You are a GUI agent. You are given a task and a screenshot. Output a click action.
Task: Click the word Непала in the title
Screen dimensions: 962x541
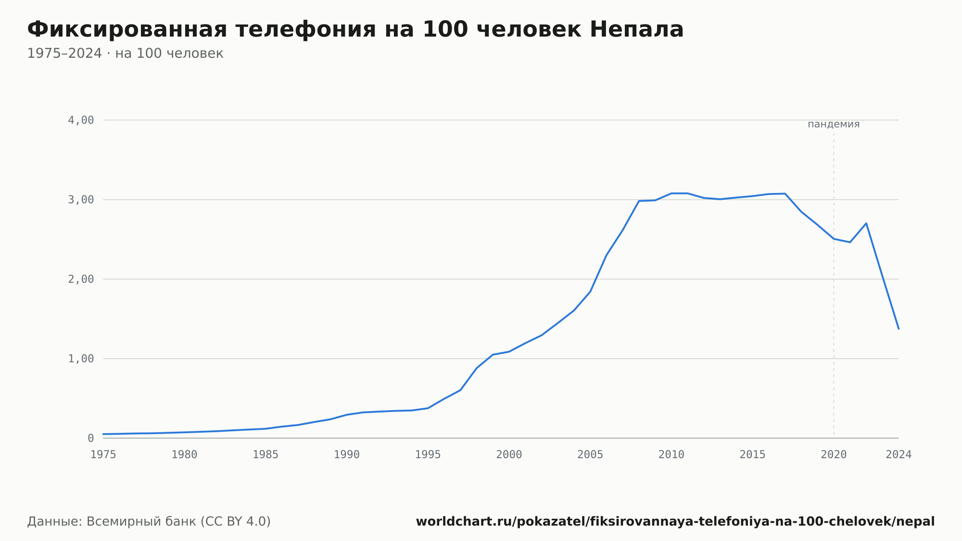636,29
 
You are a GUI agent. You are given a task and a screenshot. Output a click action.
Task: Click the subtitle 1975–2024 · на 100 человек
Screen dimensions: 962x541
125,53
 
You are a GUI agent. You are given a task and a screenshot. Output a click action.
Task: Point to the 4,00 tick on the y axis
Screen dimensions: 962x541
81,120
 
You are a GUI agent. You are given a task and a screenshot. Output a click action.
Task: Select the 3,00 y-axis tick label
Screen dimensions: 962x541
81,200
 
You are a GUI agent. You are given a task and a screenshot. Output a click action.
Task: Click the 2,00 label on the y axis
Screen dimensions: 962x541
81,279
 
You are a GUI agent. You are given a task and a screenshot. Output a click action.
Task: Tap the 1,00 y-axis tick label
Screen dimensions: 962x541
81,359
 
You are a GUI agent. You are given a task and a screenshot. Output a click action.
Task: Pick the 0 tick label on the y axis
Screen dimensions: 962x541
91,438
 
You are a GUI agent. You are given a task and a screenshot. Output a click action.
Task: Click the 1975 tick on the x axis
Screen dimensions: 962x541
103,455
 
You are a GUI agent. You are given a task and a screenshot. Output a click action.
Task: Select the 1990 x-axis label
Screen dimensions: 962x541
347,455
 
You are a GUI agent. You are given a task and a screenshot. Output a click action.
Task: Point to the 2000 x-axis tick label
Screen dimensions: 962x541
509,455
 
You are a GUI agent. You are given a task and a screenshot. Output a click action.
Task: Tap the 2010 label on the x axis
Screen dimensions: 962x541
671,455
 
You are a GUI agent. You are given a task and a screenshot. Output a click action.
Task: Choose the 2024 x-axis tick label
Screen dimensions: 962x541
899,455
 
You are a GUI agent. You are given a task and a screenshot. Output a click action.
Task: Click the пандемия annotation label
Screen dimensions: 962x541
834,124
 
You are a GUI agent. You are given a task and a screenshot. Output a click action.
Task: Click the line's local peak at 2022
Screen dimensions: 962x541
866,223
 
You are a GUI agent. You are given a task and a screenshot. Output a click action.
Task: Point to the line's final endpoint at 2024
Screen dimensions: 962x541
899,329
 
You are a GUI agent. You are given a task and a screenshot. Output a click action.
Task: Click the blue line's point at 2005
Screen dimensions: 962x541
590,292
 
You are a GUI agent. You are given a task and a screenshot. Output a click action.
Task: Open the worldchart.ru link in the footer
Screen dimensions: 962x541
675,522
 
